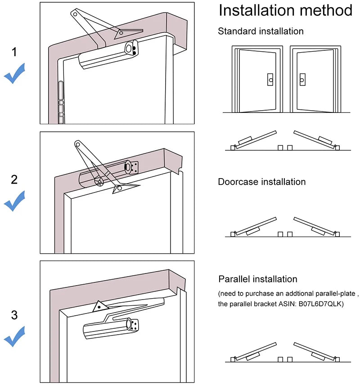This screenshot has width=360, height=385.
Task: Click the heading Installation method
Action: point(285,10)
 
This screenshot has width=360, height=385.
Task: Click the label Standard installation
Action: point(261,31)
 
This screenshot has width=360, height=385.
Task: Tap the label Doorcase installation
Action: point(261,182)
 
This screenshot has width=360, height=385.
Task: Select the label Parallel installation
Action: point(258,279)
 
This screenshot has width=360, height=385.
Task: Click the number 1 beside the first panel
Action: point(14,52)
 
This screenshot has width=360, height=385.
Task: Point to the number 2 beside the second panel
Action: point(14,179)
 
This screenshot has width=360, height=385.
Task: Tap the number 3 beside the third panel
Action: point(14,315)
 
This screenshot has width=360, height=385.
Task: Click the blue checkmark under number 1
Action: point(14,74)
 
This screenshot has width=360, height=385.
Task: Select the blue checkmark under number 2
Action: point(14,201)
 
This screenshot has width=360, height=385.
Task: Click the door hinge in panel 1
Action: point(61,103)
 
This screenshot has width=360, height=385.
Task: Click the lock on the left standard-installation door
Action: point(270,80)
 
